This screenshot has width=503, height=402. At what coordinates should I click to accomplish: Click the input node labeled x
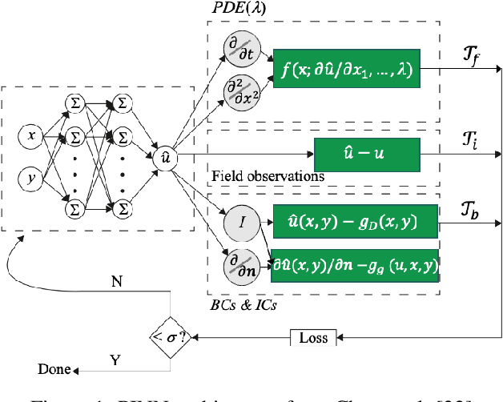(x=31, y=136)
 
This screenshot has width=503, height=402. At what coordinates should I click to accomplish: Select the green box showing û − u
(x=367, y=152)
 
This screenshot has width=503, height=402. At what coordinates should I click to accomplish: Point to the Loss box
(x=313, y=338)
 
